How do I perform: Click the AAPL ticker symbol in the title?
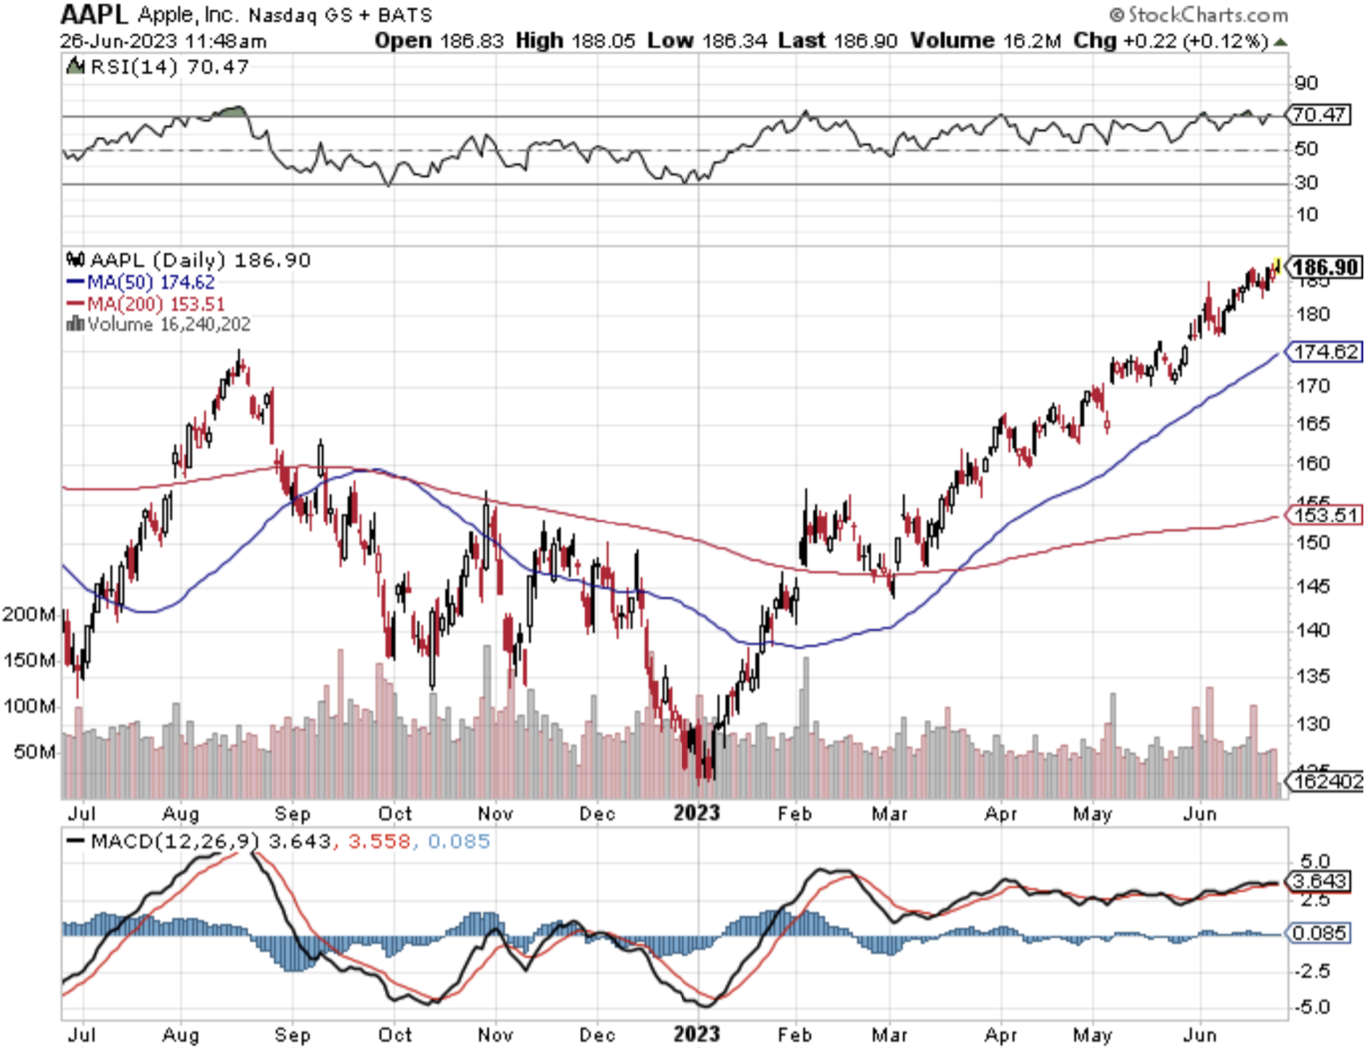coord(94,14)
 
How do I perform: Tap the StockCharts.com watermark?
coord(1199,15)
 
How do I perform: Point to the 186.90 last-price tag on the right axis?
coord(1326,267)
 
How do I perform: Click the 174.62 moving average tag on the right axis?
coord(1326,352)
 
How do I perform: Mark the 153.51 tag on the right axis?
coord(1326,515)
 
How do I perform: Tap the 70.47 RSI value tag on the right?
coord(1319,115)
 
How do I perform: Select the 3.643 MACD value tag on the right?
coord(1319,880)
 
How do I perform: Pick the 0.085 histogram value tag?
coord(1319,932)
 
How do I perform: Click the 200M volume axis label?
coord(29,614)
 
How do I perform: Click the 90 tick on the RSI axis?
coord(1306,83)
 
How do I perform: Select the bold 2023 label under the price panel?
coord(697,813)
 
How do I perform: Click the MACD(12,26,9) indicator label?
coord(176,842)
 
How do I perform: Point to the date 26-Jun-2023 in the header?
coord(118,41)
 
